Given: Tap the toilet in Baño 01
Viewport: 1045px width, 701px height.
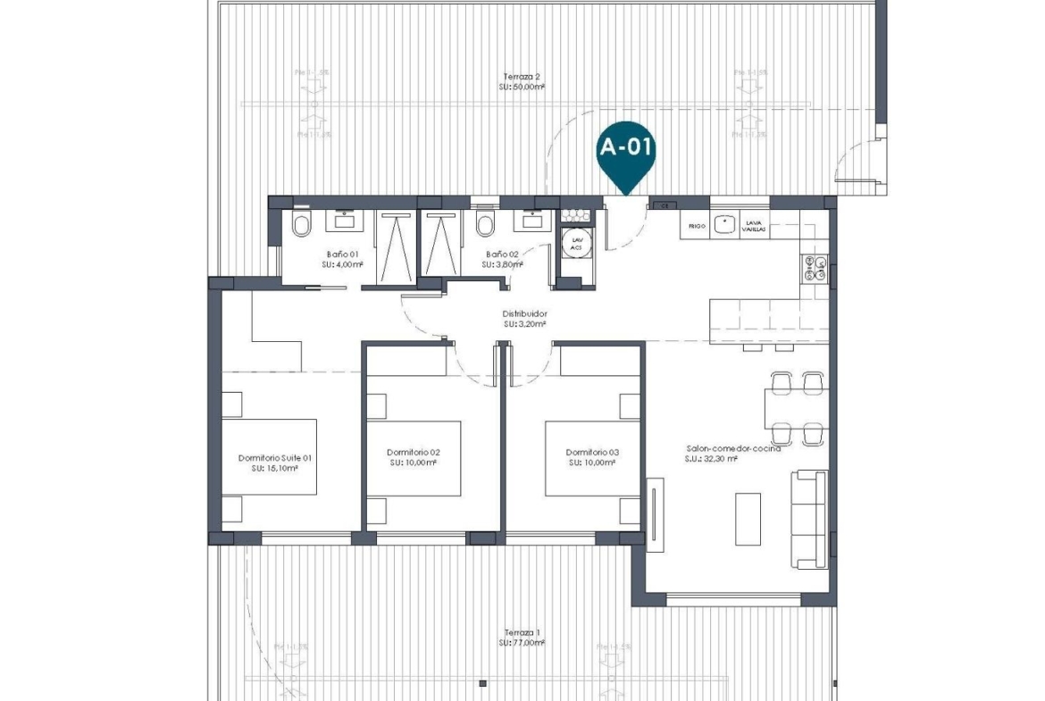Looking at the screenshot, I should [x=301, y=226].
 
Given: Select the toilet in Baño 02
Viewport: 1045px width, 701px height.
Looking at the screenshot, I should [x=485, y=226].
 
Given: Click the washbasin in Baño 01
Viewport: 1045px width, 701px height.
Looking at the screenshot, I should [x=343, y=217].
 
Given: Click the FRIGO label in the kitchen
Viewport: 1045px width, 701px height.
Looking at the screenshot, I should [x=697, y=227].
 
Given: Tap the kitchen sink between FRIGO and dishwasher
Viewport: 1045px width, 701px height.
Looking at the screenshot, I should [x=723, y=225].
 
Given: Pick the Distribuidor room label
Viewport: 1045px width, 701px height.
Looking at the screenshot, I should [x=524, y=314].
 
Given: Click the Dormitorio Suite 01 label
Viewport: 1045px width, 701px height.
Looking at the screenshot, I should [x=274, y=458].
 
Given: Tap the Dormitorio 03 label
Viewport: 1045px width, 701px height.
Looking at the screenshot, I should [x=592, y=453].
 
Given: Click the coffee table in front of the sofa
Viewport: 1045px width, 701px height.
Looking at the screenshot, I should [x=748, y=519].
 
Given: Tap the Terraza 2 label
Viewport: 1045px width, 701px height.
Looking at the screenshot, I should [x=522, y=77].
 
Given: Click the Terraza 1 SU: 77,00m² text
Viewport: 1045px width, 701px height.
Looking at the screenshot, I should [x=522, y=642].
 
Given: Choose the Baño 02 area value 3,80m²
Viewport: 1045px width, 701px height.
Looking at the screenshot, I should [x=501, y=265].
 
